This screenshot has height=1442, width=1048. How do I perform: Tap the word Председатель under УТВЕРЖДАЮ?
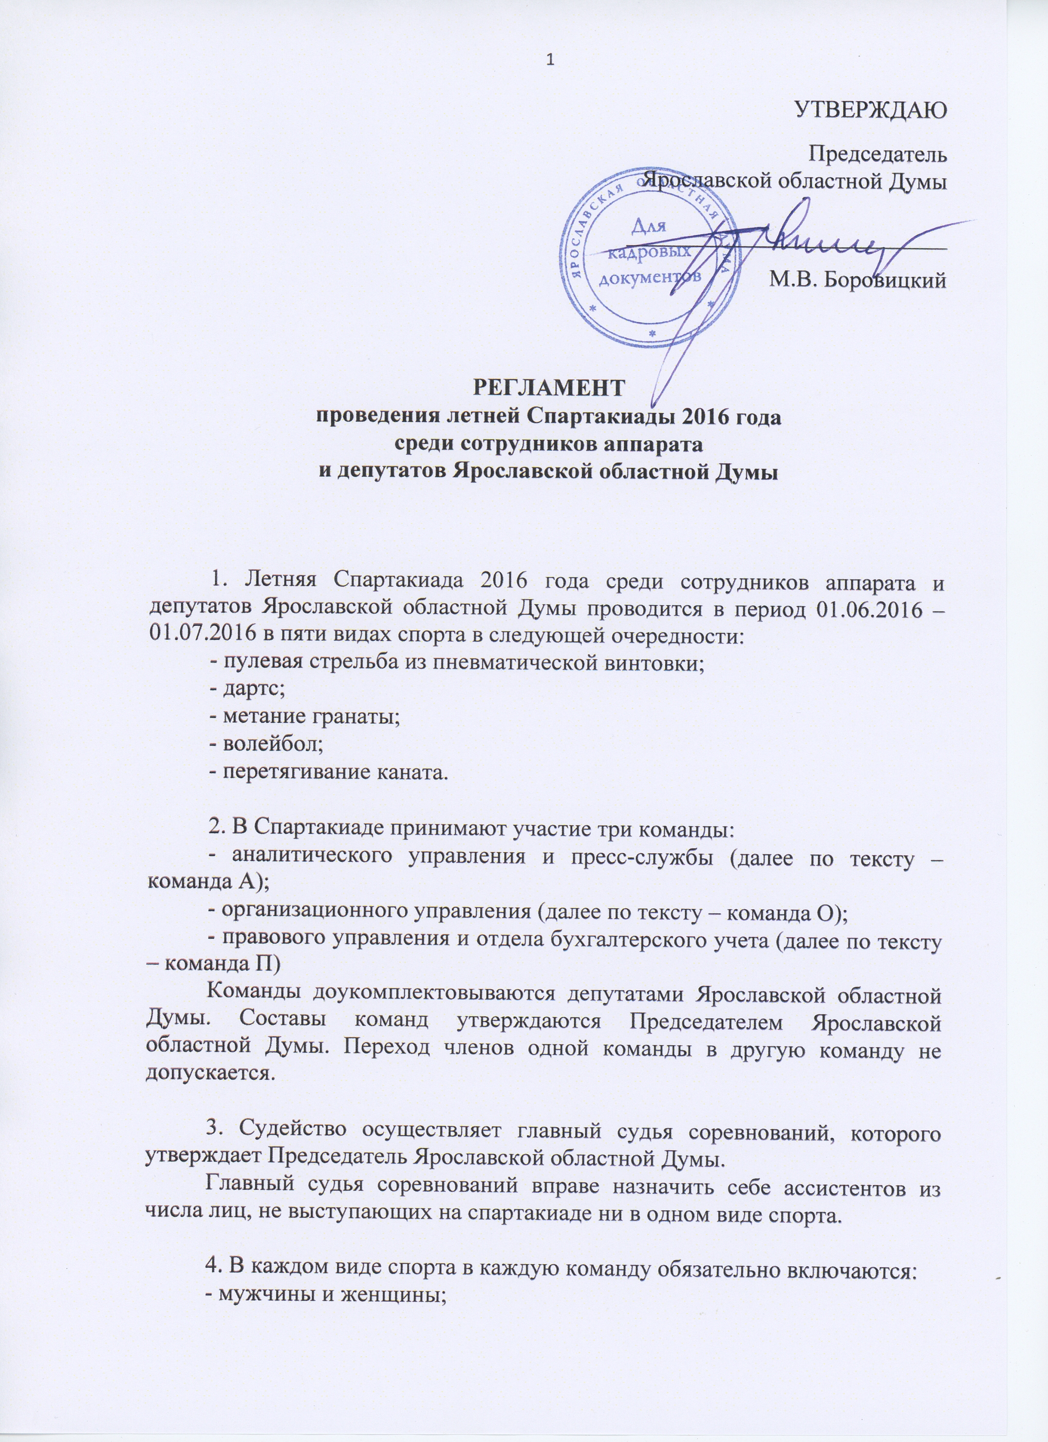point(877,155)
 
